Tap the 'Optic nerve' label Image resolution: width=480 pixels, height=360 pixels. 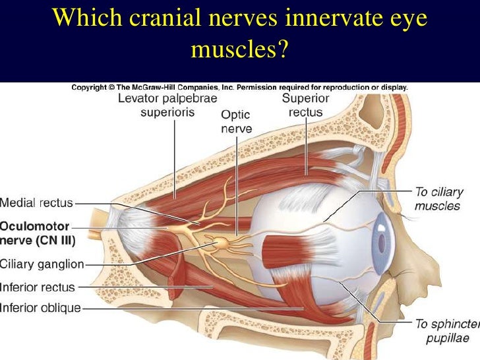pos(236,122)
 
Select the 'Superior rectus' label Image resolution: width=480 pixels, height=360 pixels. pos(305,105)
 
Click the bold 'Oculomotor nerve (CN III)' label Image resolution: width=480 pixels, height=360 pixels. pos(38,233)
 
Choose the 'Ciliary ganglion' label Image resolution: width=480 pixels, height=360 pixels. pos(42,264)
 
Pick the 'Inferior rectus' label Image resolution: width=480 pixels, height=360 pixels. pos(38,287)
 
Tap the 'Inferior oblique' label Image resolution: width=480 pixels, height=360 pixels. pos(40,307)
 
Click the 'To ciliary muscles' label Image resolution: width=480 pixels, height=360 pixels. pos(437,199)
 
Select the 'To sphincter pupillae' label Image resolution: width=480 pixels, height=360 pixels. pos(444,331)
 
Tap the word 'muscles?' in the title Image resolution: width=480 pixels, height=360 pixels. pos(240,49)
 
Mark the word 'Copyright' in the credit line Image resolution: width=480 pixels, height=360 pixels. pos(90,86)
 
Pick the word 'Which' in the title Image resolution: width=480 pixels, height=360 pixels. pos(76,20)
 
